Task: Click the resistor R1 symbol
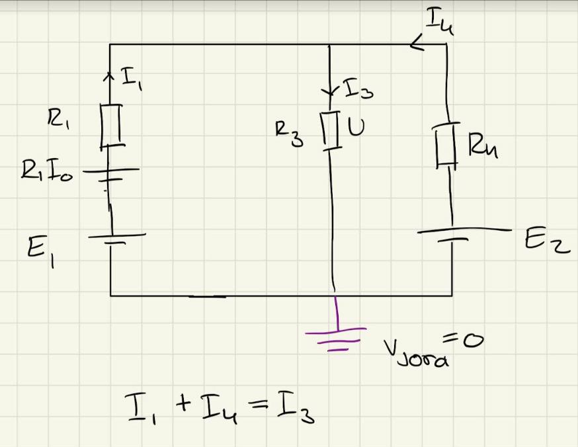[111, 124]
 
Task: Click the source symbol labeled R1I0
[110, 173]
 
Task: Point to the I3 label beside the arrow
[360, 90]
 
